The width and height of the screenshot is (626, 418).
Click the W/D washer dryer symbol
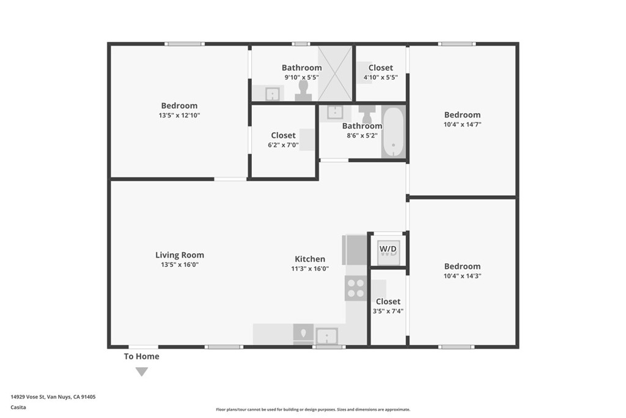[x=388, y=250]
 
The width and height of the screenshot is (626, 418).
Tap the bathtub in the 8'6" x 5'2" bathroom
[x=392, y=132]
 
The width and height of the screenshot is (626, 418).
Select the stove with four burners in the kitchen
[x=356, y=288]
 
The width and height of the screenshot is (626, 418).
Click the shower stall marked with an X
[x=336, y=73]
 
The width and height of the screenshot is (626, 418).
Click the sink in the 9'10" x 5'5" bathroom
[x=272, y=94]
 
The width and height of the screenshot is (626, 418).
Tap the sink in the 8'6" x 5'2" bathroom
[x=334, y=112]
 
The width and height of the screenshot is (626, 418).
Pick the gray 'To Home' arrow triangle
[x=142, y=371]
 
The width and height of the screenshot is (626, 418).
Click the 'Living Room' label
[x=179, y=255]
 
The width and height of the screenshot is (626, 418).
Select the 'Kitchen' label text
[x=310, y=259]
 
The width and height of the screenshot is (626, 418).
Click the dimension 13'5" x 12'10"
[x=179, y=115]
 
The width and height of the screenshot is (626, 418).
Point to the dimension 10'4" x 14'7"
[x=462, y=124]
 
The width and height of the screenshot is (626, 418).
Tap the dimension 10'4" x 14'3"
[x=462, y=276]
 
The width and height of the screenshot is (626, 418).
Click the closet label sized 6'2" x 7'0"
[x=283, y=135]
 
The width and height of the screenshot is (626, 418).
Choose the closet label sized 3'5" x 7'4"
[x=388, y=302]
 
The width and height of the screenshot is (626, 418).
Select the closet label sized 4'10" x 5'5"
[x=381, y=68]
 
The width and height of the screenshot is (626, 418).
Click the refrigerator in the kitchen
[x=354, y=250]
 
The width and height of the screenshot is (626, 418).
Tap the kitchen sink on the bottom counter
[x=326, y=335]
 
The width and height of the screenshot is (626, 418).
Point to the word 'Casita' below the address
[x=18, y=407]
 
